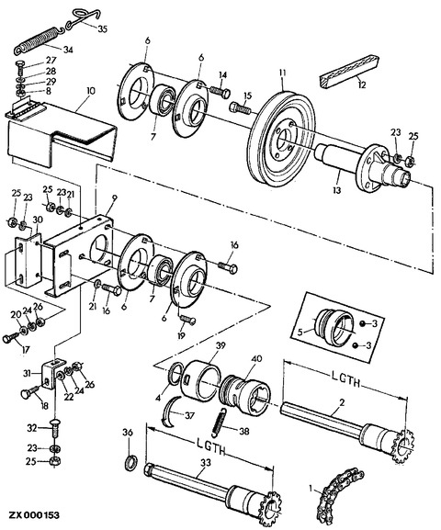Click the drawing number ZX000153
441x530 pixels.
click(x=34, y=515)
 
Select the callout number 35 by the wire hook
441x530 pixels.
click(x=103, y=28)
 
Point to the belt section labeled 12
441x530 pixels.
click(x=348, y=73)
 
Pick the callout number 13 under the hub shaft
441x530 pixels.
click(x=336, y=190)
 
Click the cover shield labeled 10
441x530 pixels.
click(x=61, y=135)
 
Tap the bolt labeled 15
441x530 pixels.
click(x=241, y=108)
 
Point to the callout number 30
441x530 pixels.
click(x=37, y=220)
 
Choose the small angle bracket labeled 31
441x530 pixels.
click(x=51, y=374)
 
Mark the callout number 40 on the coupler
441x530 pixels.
click(x=256, y=359)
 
